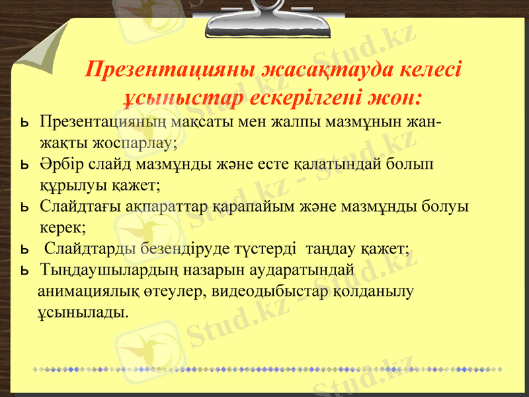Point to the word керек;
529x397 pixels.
point(63,228)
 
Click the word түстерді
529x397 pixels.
point(264,249)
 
